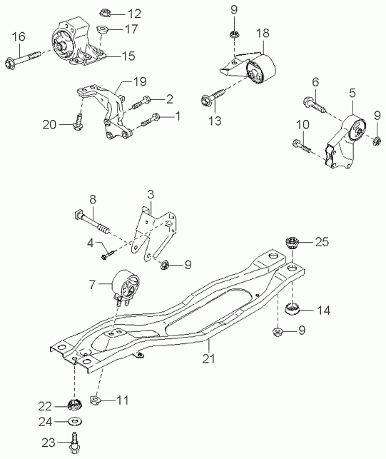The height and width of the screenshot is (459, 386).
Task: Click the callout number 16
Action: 19,37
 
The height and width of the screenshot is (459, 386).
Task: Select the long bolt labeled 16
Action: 23,60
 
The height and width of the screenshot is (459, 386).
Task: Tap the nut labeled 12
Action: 105,13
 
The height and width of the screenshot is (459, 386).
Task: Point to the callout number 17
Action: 131,29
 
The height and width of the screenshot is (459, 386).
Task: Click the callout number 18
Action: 263,33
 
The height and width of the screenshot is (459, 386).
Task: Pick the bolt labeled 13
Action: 213,96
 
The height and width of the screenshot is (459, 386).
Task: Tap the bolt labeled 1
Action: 151,119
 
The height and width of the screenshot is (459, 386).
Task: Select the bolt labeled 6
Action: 315,105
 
